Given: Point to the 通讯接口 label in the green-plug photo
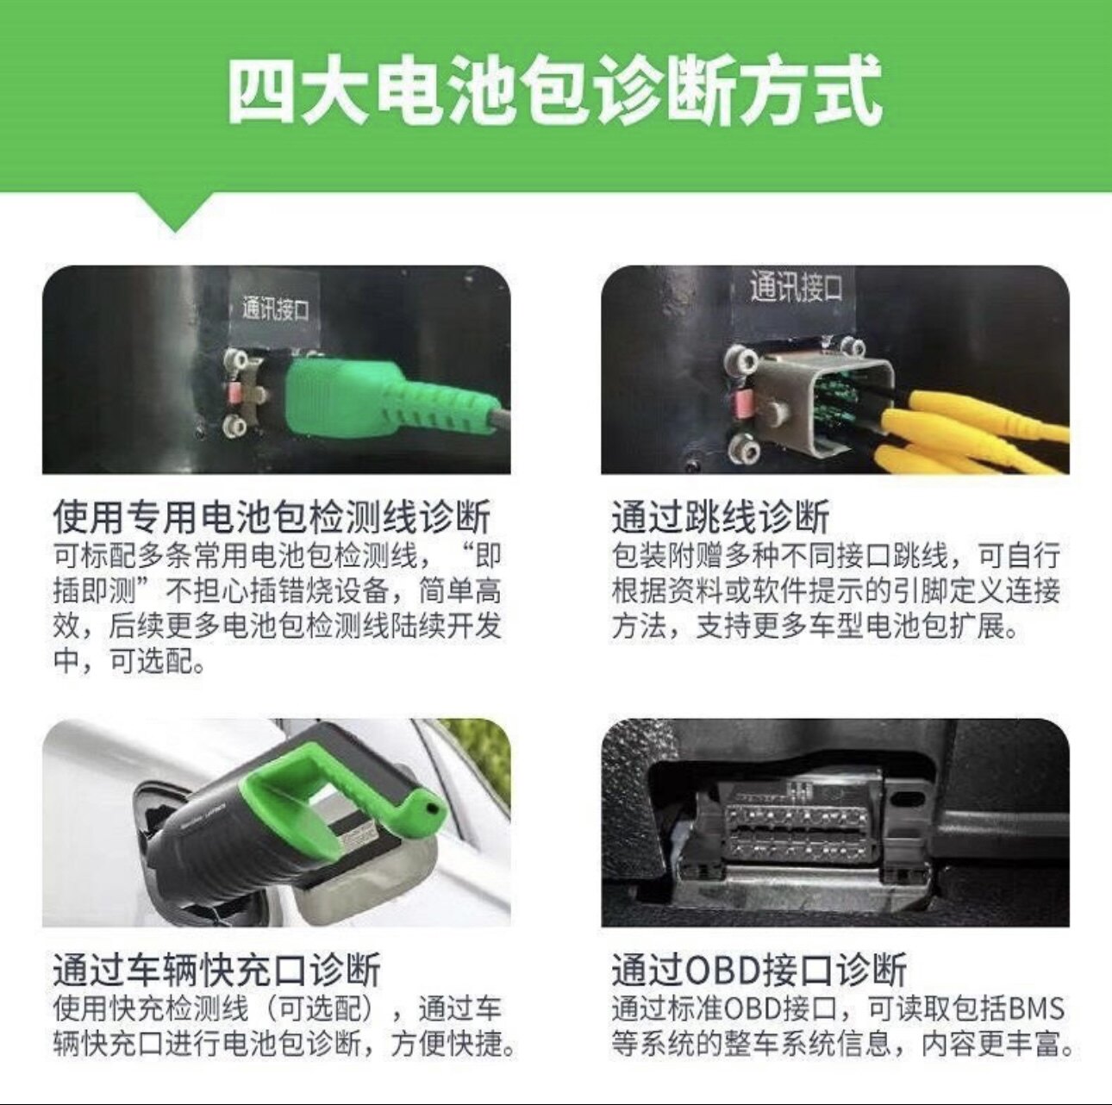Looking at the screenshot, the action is (275, 309).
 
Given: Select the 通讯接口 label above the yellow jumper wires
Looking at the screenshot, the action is (796, 287).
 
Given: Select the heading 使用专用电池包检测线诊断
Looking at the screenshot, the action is (272, 517).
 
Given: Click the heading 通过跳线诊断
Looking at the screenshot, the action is (721, 517).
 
